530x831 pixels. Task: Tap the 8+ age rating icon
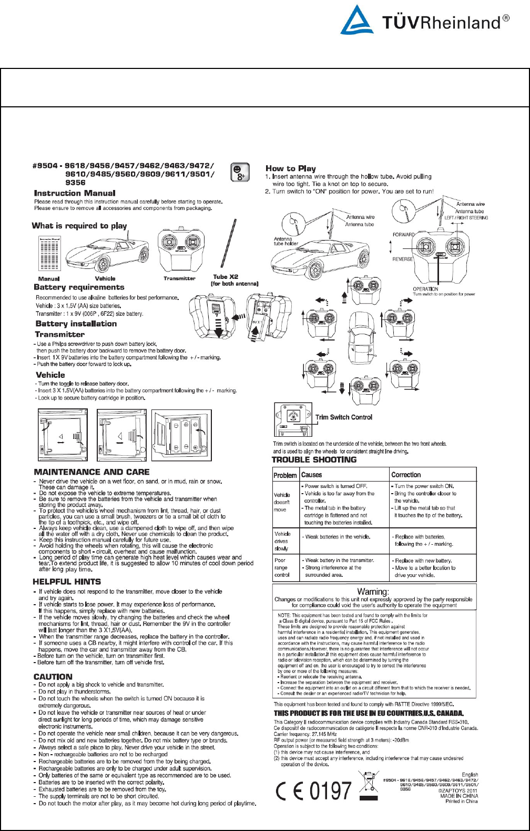click(240, 172)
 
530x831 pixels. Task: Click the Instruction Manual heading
click(75, 193)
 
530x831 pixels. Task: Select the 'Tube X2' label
click(226, 277)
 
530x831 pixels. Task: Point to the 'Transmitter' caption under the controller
click(179, 278)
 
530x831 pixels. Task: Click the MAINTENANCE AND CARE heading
click(91, 472)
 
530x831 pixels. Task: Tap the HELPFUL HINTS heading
click(67, 582)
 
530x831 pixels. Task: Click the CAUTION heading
click(53, 677)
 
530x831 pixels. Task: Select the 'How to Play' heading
click(291, 168)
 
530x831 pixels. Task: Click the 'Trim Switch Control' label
click(344, 417)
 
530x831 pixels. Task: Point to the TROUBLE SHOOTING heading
click(314, 459)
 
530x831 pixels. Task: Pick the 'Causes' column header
click(311, 475)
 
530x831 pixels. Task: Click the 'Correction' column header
click(406, 475)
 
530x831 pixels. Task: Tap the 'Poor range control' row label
click(282, 568)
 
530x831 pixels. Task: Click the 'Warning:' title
click(373, 592)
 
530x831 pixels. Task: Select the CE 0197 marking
click(314, 790)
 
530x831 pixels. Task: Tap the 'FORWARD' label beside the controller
click(404, 235)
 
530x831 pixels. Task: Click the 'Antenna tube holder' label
click(286, 241)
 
